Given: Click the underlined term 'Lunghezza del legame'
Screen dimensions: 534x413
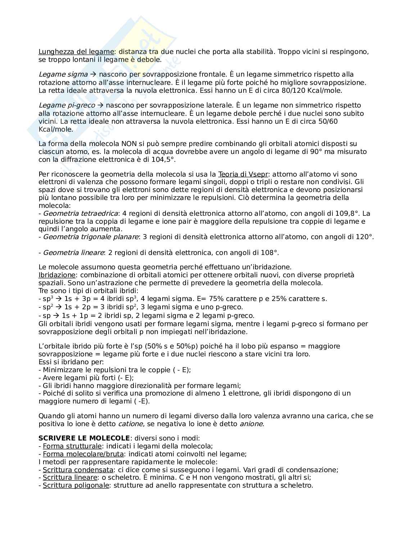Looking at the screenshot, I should [x=76, y=51].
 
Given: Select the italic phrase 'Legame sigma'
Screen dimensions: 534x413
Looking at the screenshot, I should [x=63, y=74].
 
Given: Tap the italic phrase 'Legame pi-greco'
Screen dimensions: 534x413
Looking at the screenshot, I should [x=67, y=105].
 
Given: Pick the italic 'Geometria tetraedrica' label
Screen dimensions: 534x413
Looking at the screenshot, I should [x=81, y=214].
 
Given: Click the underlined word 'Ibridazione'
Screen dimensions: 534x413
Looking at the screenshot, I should [x=57, y=275].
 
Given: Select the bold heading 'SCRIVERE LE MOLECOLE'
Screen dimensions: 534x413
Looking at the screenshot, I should [x=84, y=438].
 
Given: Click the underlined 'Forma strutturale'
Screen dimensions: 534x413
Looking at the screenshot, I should [x=72, y=446].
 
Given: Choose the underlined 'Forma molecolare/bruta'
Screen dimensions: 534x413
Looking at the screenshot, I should [x=83, y=454].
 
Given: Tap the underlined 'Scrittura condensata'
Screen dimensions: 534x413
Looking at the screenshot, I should [x=78, y=470].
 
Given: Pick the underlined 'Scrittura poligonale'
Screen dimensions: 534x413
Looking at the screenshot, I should [x=76, y=485].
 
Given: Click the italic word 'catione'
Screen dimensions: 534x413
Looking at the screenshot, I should [x=130, y=424].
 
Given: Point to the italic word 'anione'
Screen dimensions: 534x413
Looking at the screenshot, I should [x=251, y=424].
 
